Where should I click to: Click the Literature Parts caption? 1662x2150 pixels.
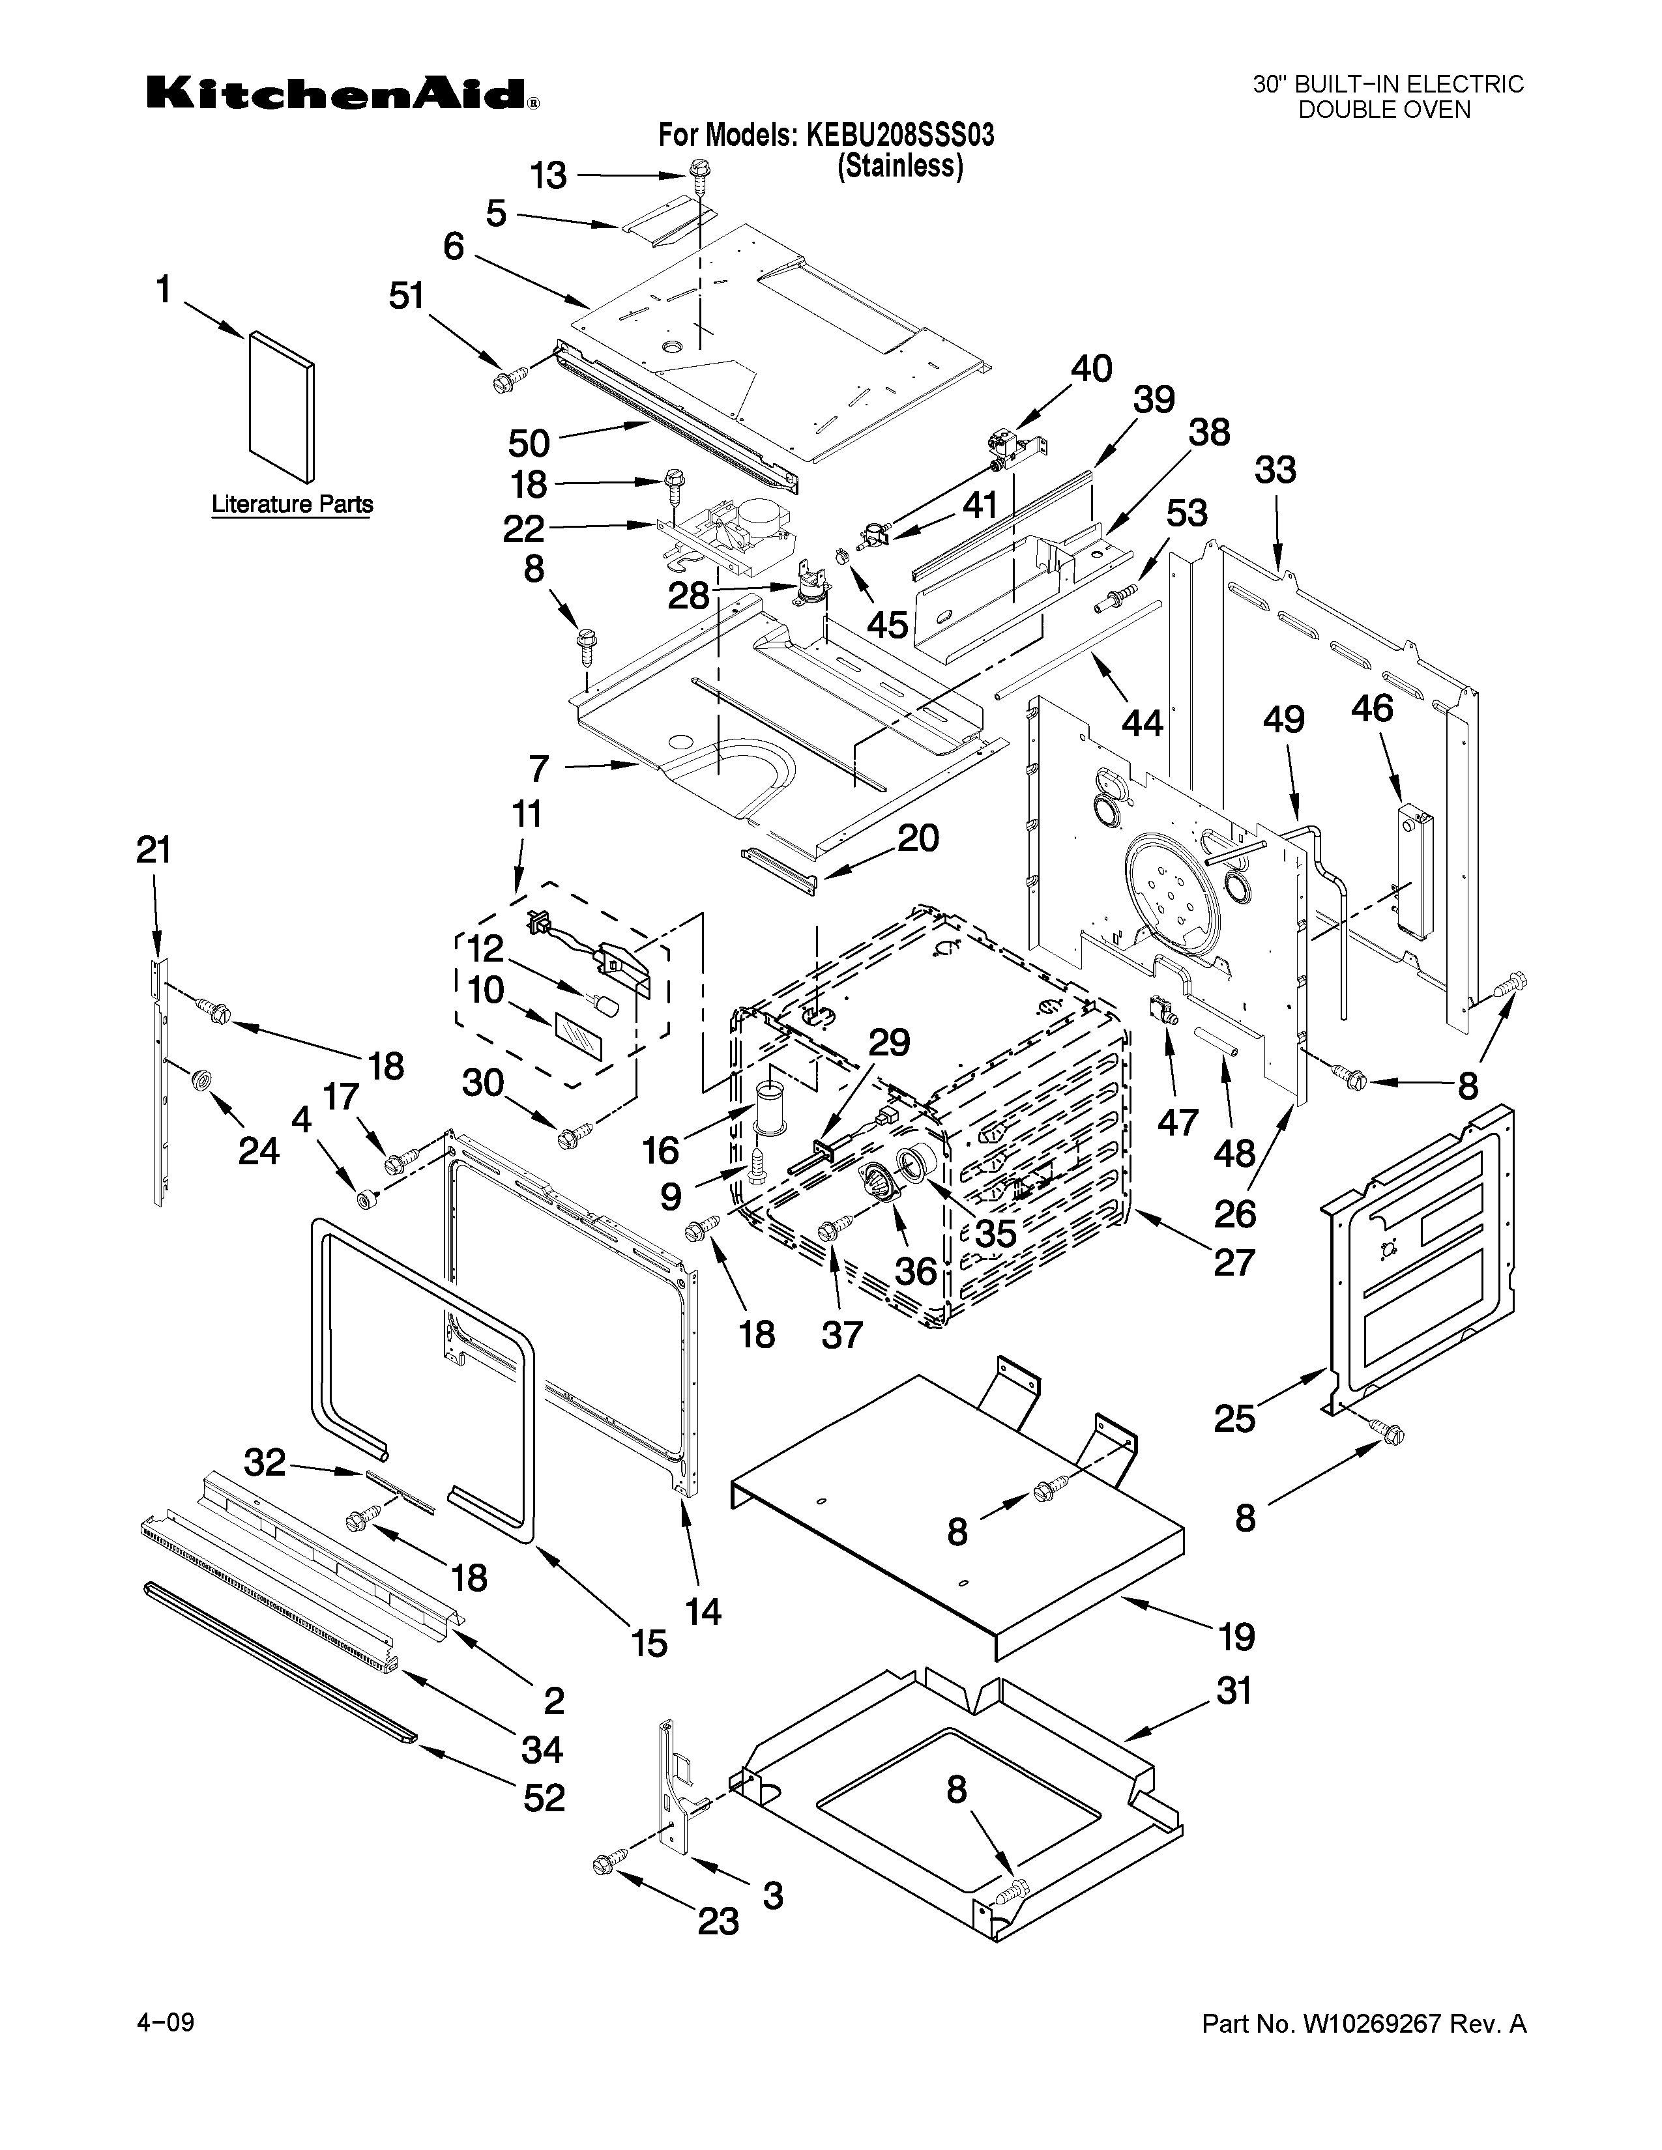click(293, 505)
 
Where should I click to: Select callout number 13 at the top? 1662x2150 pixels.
click(548, 176)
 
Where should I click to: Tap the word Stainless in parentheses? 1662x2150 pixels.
click(899, 166)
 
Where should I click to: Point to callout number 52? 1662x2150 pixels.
click(544, 1798)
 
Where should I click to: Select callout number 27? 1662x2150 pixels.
click(1234, 1262)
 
